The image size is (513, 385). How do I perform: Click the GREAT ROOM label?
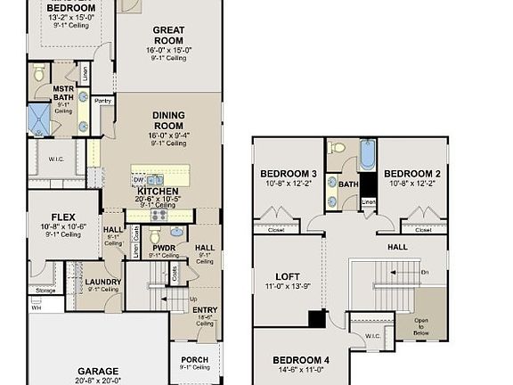coord(168,35)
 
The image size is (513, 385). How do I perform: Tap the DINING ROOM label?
coord(167,120)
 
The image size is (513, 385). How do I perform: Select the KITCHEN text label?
coord(158,191)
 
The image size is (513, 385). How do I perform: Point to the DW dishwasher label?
coord(138,179)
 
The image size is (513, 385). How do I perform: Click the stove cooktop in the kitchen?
coord(159,214)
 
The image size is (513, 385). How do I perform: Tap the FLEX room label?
coord(62,217)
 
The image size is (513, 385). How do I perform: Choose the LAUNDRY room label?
coord(103,282)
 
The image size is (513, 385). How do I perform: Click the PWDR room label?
coord(163,249)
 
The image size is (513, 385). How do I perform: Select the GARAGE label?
coord(98,371)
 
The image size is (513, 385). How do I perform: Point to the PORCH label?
coord(194,360)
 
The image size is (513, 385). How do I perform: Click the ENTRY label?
coord(204,309)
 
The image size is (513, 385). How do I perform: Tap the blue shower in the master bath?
coord(40,119)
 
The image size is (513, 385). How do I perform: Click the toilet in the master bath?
coord(39,74)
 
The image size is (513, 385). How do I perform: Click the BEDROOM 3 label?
coord(289,174)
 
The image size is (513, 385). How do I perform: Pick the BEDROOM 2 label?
coord(412,174)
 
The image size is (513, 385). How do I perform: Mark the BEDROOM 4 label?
coord(303,361)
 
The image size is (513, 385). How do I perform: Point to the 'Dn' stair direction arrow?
coord(424,272)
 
